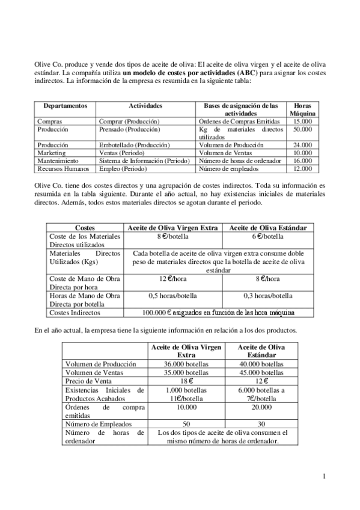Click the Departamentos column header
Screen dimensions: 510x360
coord(65,106)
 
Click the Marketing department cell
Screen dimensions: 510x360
coord(51,153)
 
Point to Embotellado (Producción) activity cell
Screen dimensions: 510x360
coord(134,145)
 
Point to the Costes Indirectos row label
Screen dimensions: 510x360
coord(75,313)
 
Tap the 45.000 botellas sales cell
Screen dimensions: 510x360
coord(261,372)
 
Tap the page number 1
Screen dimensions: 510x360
coord(324,477)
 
